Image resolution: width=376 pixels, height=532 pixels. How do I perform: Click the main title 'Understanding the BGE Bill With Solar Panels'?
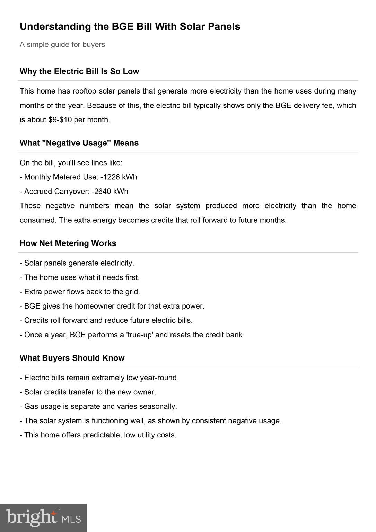point(130,27)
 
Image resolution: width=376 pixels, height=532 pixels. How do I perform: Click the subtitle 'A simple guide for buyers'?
point(62,45)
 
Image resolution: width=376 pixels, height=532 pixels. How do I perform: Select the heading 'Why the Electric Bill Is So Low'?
point(79,71)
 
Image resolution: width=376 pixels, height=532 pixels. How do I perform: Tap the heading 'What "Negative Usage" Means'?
point(79,143)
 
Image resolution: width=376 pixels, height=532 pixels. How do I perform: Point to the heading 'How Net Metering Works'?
point(68,243)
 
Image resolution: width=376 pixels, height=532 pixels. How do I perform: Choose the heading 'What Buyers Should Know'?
point(72,358)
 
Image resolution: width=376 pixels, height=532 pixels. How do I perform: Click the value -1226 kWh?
point(119,177)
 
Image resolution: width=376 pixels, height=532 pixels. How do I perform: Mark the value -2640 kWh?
point(110,192)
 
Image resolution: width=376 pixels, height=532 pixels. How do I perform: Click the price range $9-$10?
point(60,120)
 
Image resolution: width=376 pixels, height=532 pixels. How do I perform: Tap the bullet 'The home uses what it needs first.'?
point(82,277)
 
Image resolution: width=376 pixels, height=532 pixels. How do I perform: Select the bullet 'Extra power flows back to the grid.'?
point(82,292)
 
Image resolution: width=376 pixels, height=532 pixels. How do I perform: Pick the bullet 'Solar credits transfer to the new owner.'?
point(90,392)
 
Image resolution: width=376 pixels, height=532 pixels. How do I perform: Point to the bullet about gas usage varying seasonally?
point(100,406)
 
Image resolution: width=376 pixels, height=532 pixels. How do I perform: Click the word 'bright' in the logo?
point(32,517)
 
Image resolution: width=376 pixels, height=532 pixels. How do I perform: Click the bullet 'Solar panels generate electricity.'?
point(79,263)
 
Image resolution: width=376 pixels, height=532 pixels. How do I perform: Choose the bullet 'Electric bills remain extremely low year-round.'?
point(101,378)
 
